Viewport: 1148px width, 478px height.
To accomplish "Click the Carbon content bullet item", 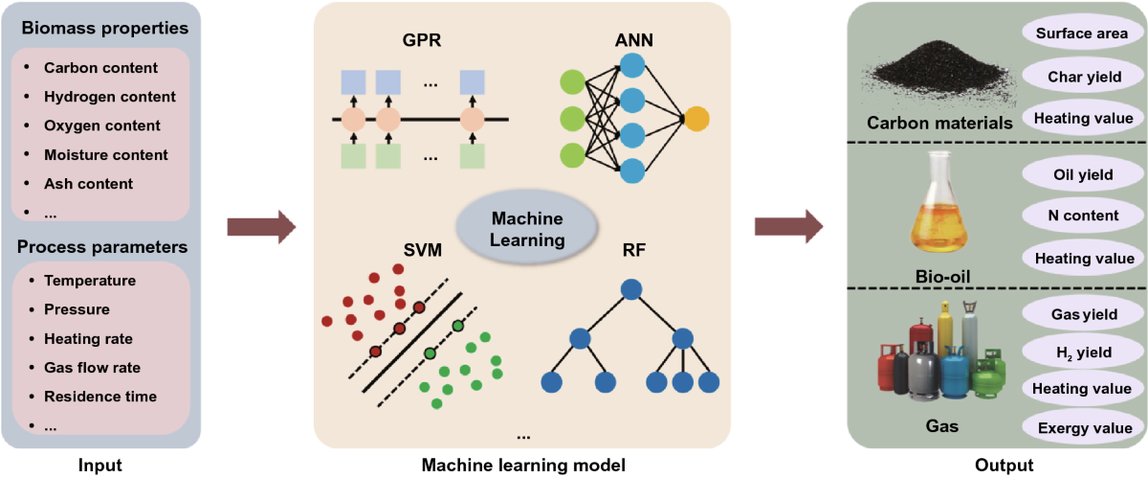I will click(x=100, y=68).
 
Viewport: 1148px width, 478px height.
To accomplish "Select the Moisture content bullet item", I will click(x=105, y=154).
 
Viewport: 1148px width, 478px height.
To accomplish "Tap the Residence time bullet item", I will click(x=99, y=396).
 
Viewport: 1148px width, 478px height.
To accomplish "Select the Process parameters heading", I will click(x=102, y=246).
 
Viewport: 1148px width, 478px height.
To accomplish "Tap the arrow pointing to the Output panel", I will click(x=788, y=227).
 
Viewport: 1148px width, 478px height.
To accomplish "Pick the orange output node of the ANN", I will click(x=696, y=120).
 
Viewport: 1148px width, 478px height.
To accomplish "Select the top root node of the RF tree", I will click(x=630, y=288).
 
